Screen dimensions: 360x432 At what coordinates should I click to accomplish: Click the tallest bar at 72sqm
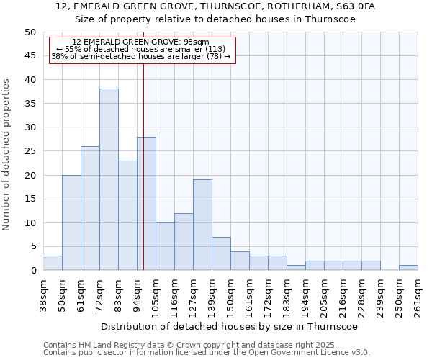109,179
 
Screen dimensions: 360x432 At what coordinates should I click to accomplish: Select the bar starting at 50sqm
71,222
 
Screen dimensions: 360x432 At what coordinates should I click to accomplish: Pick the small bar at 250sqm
408,268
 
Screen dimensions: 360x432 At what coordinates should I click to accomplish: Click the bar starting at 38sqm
53,263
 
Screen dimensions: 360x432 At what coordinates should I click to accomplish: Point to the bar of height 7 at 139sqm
221,253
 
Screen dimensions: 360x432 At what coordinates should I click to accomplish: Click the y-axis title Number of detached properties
7,155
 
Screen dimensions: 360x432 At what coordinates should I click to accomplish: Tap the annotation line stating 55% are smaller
141,49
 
